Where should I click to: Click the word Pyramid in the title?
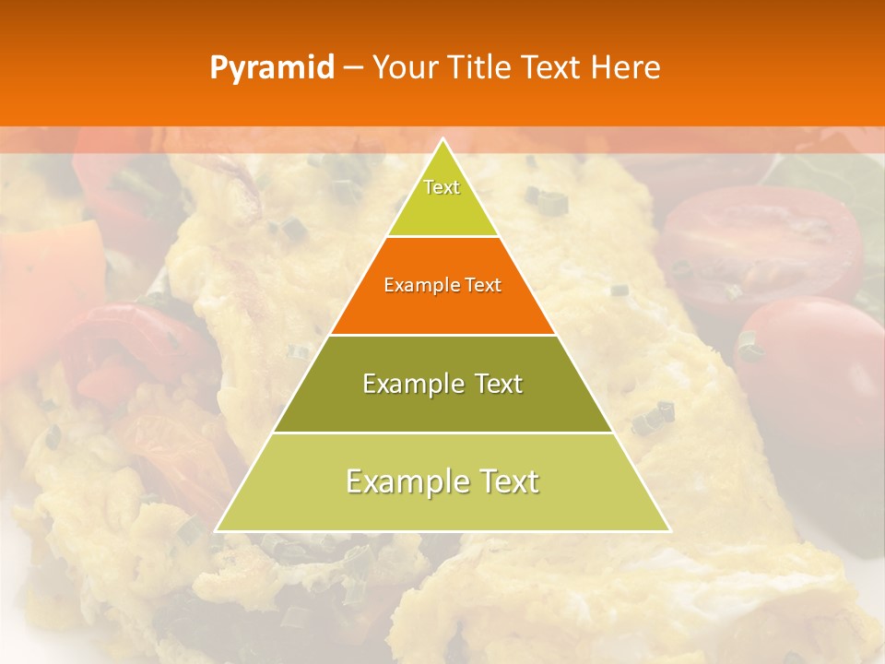tap(271, 68)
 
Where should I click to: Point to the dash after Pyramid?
tap(352, 68)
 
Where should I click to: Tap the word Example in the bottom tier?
tap(404, 481)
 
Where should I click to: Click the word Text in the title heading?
tap(551, 67)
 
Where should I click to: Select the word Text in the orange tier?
tap(483, 286)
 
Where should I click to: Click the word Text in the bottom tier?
tap(509, 481)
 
